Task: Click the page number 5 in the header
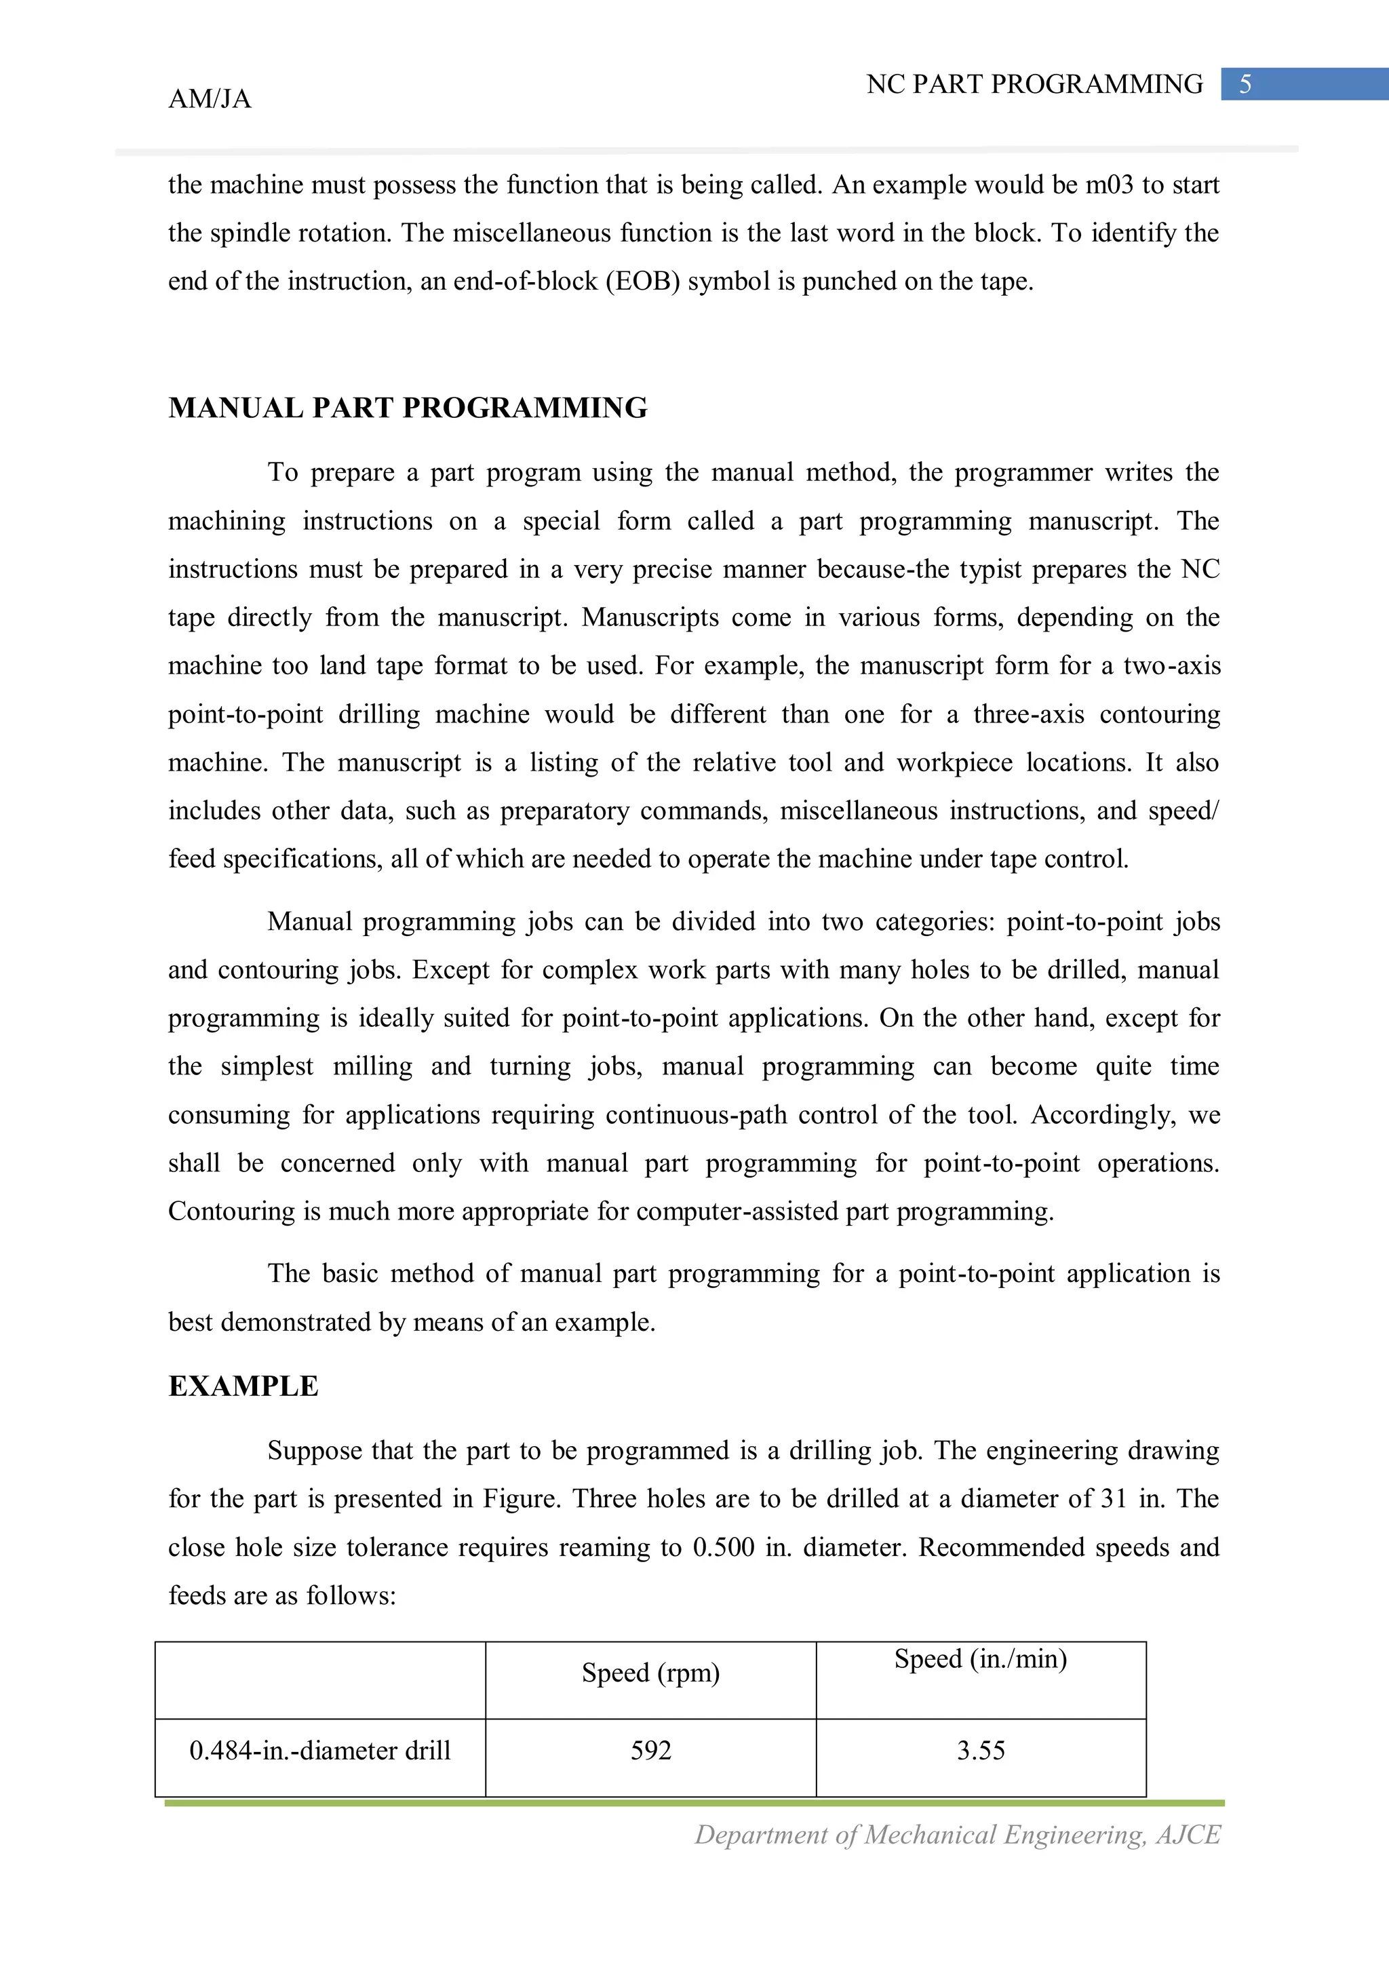(x=1245, y=84)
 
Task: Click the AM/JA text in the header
(x=210, y=99)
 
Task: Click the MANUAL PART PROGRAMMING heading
(x=408, y=408)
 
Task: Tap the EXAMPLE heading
(x=243, y=1386)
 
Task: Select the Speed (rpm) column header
(x=650, y=1672)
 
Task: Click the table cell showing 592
(x=650, y=1750)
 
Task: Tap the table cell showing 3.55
(x=980, y=1750)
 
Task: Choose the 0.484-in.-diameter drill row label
(x=319, y=1750)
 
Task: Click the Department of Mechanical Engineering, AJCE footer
(x=957, y=1834)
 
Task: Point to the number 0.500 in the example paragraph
(x=723, y=1547)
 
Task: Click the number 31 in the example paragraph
(x=1114, y=1498)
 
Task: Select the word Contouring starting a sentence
(x=219, y=1211)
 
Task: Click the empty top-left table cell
(x=319, y=1679)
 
